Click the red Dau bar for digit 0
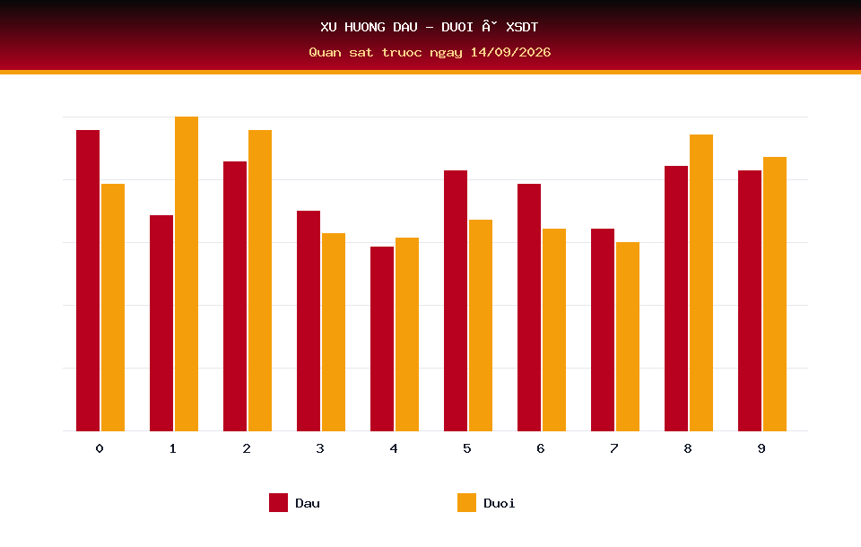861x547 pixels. pos(88,281)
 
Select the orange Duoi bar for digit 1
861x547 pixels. pos(187,274)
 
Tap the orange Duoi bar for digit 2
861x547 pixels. pos(260,281)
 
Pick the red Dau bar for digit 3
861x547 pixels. pos(309,321)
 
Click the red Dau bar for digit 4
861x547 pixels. pos(382,339)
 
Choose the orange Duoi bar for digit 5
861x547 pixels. pos(481,326)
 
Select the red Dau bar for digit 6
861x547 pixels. pos(529,308)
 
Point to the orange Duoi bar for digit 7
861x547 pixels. pos(628,336)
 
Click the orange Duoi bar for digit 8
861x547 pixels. pos(701,282)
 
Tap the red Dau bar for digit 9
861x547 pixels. pos(750,301)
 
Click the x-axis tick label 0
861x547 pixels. pos(100,448)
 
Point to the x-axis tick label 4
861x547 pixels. pos(394,448)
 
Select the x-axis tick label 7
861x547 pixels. pos(613,448)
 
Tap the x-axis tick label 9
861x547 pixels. pos(761,448)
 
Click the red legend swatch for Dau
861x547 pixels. pos(278,502)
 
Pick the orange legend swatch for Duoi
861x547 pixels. pos(466,502)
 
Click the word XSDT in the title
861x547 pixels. pos(522,27)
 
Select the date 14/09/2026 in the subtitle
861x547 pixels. pos(510,52)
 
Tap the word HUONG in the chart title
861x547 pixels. pos(365,27)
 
